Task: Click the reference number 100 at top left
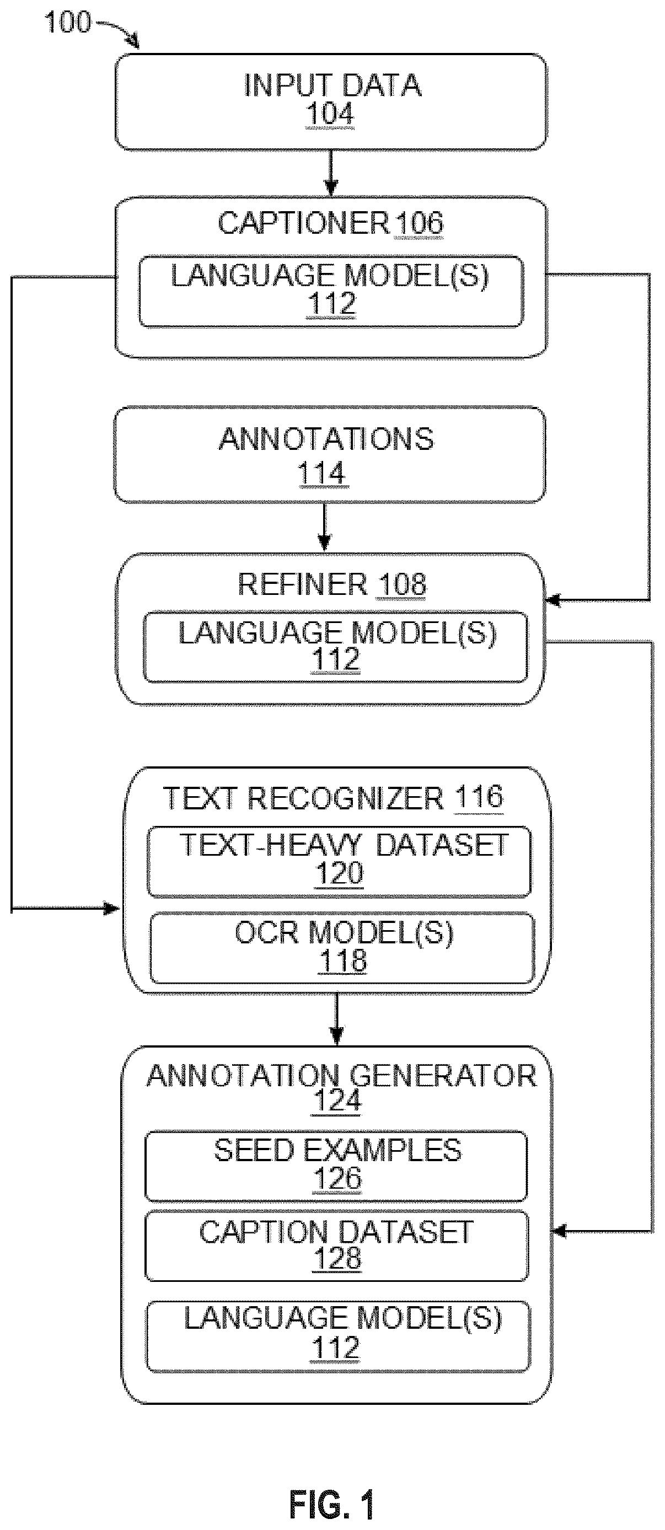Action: (68, 23)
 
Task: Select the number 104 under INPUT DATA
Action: (330, 114)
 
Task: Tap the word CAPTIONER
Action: (303, 223)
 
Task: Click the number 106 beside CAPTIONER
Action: (420, 223)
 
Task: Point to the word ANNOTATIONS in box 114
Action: (326, 439)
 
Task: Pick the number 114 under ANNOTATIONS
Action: (323, 474)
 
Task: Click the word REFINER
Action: (303, 584)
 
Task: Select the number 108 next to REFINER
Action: (401, 584)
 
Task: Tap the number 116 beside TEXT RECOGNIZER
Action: (479, 797)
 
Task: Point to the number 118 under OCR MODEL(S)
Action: (342, 961)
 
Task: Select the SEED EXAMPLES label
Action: (337, 1151)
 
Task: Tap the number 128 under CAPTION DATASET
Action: (337, 1259)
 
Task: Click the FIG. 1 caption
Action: (332, 1500)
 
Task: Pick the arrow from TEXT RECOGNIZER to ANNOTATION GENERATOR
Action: (337, 1019)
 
